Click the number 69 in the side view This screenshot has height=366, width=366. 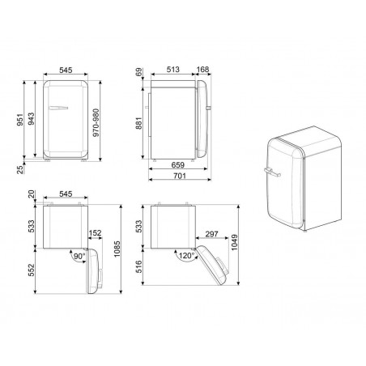pyautogui.click(x=140, y=73)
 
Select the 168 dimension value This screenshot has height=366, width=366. pyautogui.click(x=204, y=69)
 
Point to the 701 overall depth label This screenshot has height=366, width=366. pyautogui.click(x=180, y=177)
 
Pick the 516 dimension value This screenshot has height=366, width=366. pyautogui.click(x=140, y=268)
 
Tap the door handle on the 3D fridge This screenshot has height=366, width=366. pyautogui.click(x=270, y=172)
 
